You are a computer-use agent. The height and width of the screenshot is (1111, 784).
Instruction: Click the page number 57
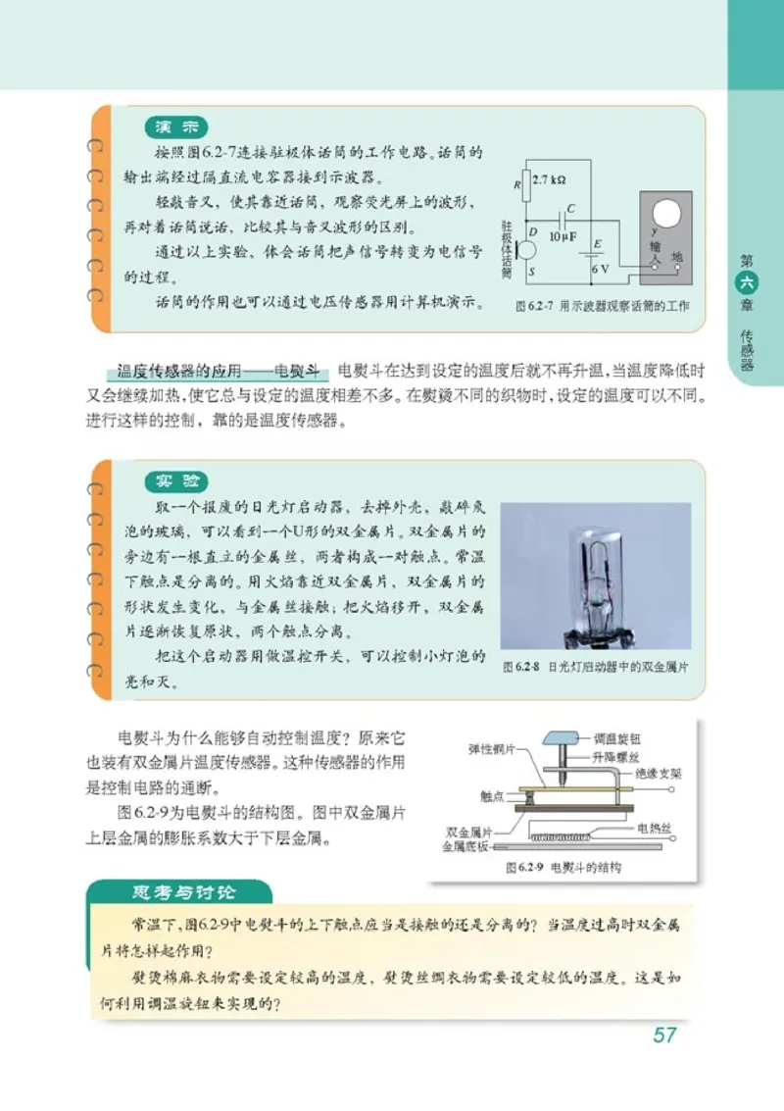[x=664, y=1035]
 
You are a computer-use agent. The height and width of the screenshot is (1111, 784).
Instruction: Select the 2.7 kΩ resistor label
[x=549, y=180]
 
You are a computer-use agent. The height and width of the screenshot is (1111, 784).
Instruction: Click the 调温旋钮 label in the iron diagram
[x=619, y=739]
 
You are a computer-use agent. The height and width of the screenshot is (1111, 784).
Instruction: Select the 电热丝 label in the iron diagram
[x=654, y=828]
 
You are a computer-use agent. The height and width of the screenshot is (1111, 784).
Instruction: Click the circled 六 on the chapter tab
[x=748, y=282]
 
